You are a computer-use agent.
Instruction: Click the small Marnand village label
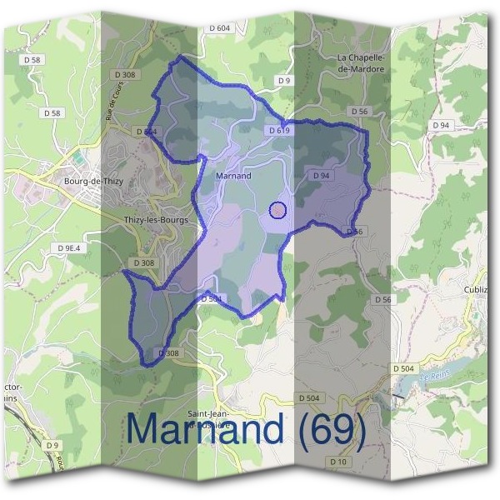pos(233,176)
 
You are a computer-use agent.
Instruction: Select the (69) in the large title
pos(332,428)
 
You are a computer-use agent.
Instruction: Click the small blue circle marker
pos(279,210)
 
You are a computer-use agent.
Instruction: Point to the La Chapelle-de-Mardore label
pos(361,63)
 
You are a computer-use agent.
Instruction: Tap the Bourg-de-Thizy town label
pos(92,180)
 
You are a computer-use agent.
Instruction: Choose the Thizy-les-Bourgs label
pos(156,220)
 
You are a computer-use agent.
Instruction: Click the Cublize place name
pos(481,289)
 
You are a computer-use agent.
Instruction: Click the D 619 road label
pos(279,131)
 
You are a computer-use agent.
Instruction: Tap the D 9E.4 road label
pos(69,248)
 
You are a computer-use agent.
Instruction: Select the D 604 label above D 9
pos(219,28)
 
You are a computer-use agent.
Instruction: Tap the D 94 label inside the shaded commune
pos(322,176)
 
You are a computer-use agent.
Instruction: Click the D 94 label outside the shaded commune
pos(441,125)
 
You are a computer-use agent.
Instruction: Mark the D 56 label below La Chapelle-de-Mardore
pos(359,111)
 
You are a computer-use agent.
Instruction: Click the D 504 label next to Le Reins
pos(403,367)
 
